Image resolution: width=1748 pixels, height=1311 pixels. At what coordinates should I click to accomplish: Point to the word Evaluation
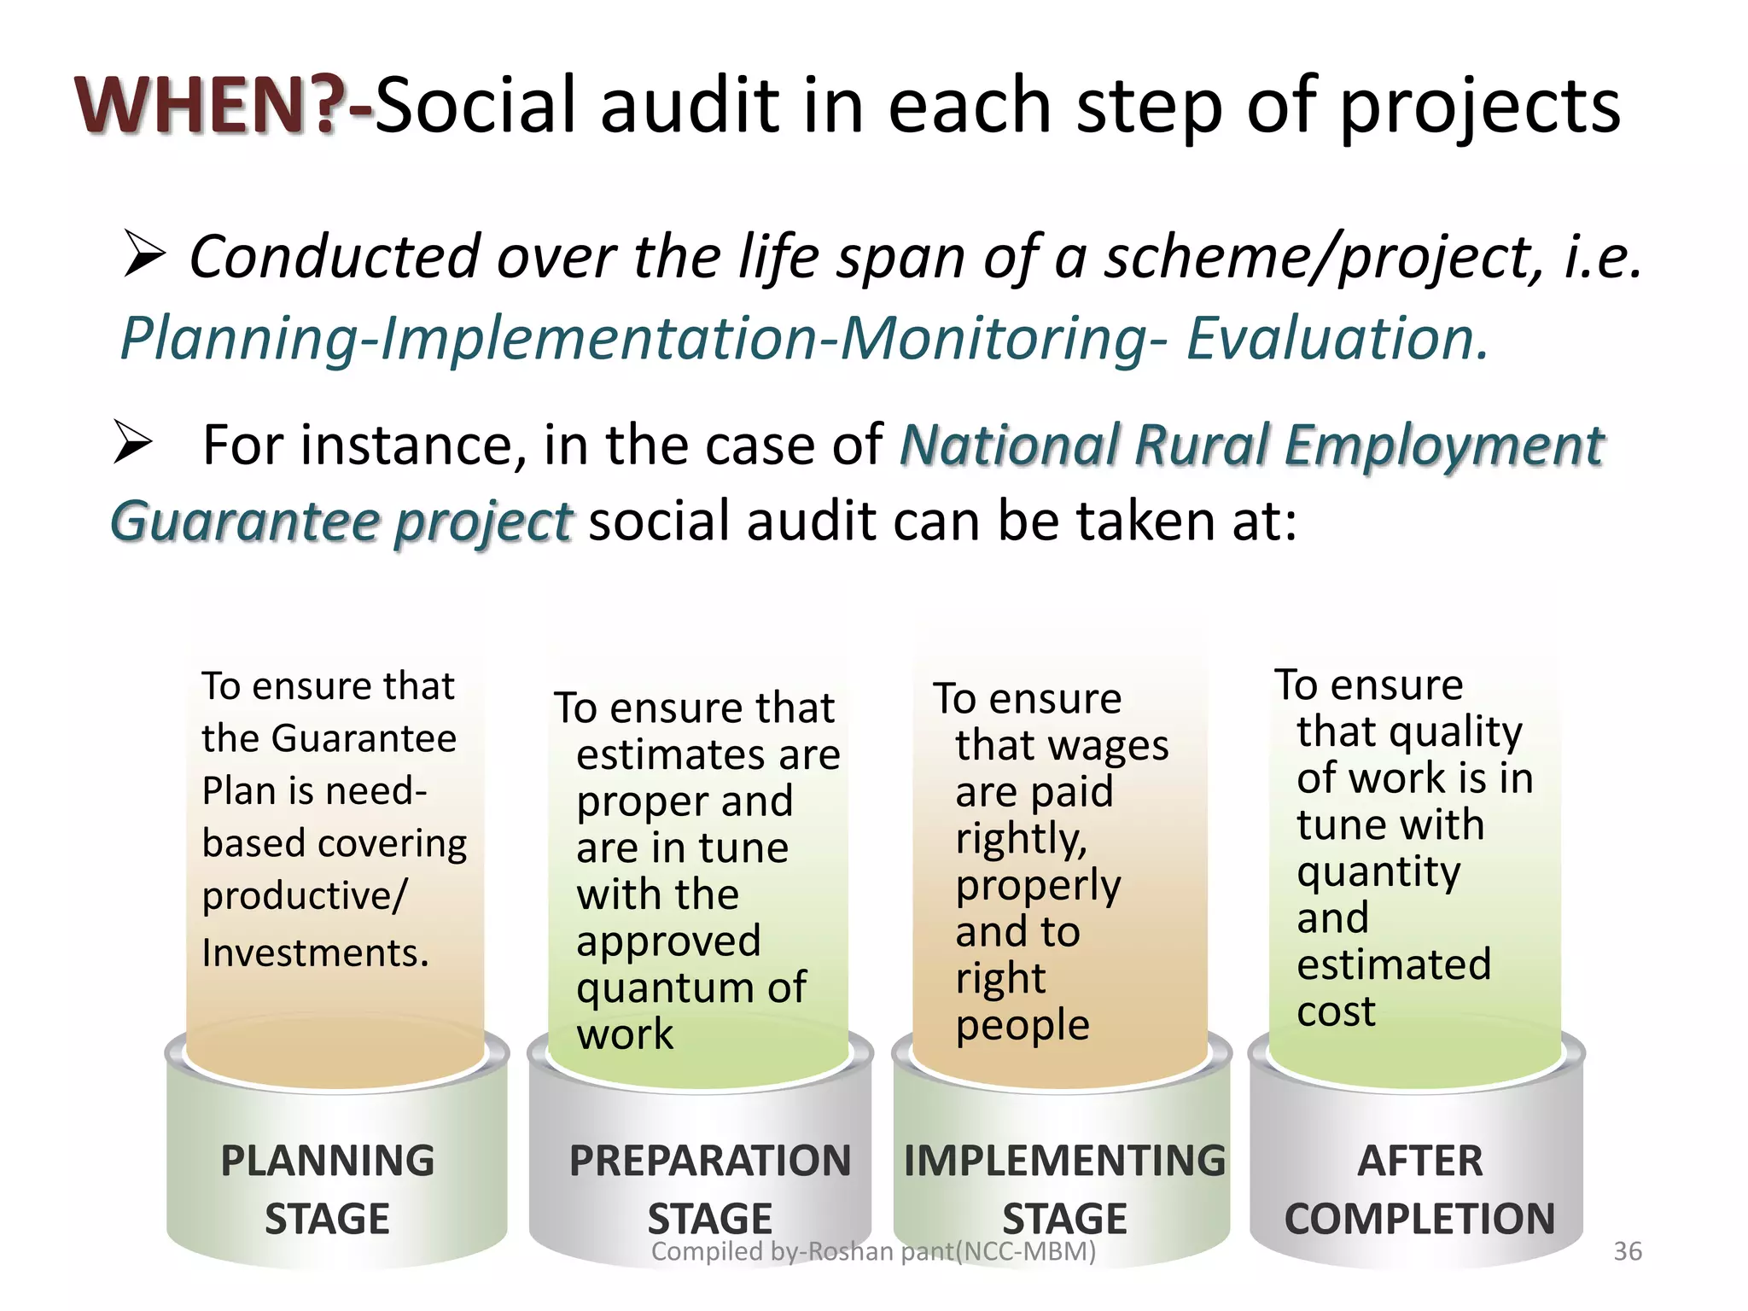(x=1337, y=338)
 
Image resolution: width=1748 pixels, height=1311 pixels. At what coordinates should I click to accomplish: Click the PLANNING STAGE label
(x=327, y=1189)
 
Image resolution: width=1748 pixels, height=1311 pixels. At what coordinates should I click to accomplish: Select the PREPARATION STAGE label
(x=709, y=1189)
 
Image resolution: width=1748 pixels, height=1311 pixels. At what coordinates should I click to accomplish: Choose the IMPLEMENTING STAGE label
(x=1064, y=1189)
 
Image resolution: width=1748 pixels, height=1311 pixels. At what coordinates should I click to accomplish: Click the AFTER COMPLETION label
(x=1419, y=1189)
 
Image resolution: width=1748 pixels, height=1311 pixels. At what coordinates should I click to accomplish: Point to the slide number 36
(x=1627, y=1251)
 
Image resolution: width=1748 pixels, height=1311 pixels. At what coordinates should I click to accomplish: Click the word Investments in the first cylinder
(x=315, y=953)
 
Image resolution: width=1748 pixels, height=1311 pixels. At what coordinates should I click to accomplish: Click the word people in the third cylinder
(x=1022, y=1025)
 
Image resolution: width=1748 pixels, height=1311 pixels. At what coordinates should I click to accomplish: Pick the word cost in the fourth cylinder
(x=1336, y=1011)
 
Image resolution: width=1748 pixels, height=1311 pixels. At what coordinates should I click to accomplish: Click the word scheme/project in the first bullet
(x=1323, y=256)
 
